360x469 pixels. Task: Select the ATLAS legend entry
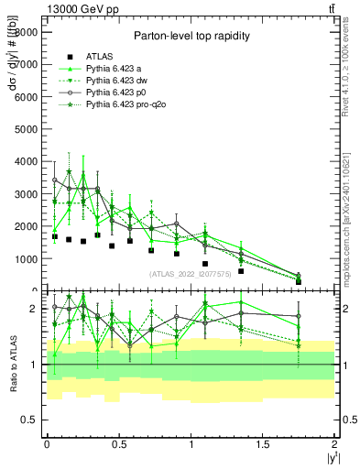pyautogui.click(x=99, y=56)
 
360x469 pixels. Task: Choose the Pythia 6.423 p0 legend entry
pyautogui.click(x=116, y=93)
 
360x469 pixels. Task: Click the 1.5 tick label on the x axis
pyautogui.click(x=263, y=443)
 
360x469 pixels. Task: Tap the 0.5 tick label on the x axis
pyautogui.click(x=118, y=443)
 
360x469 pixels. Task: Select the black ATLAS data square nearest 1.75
pyautogui.click(x=299, y=281)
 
